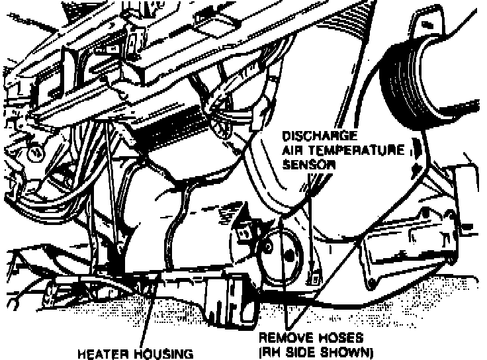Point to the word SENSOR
(x=306, y=164)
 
